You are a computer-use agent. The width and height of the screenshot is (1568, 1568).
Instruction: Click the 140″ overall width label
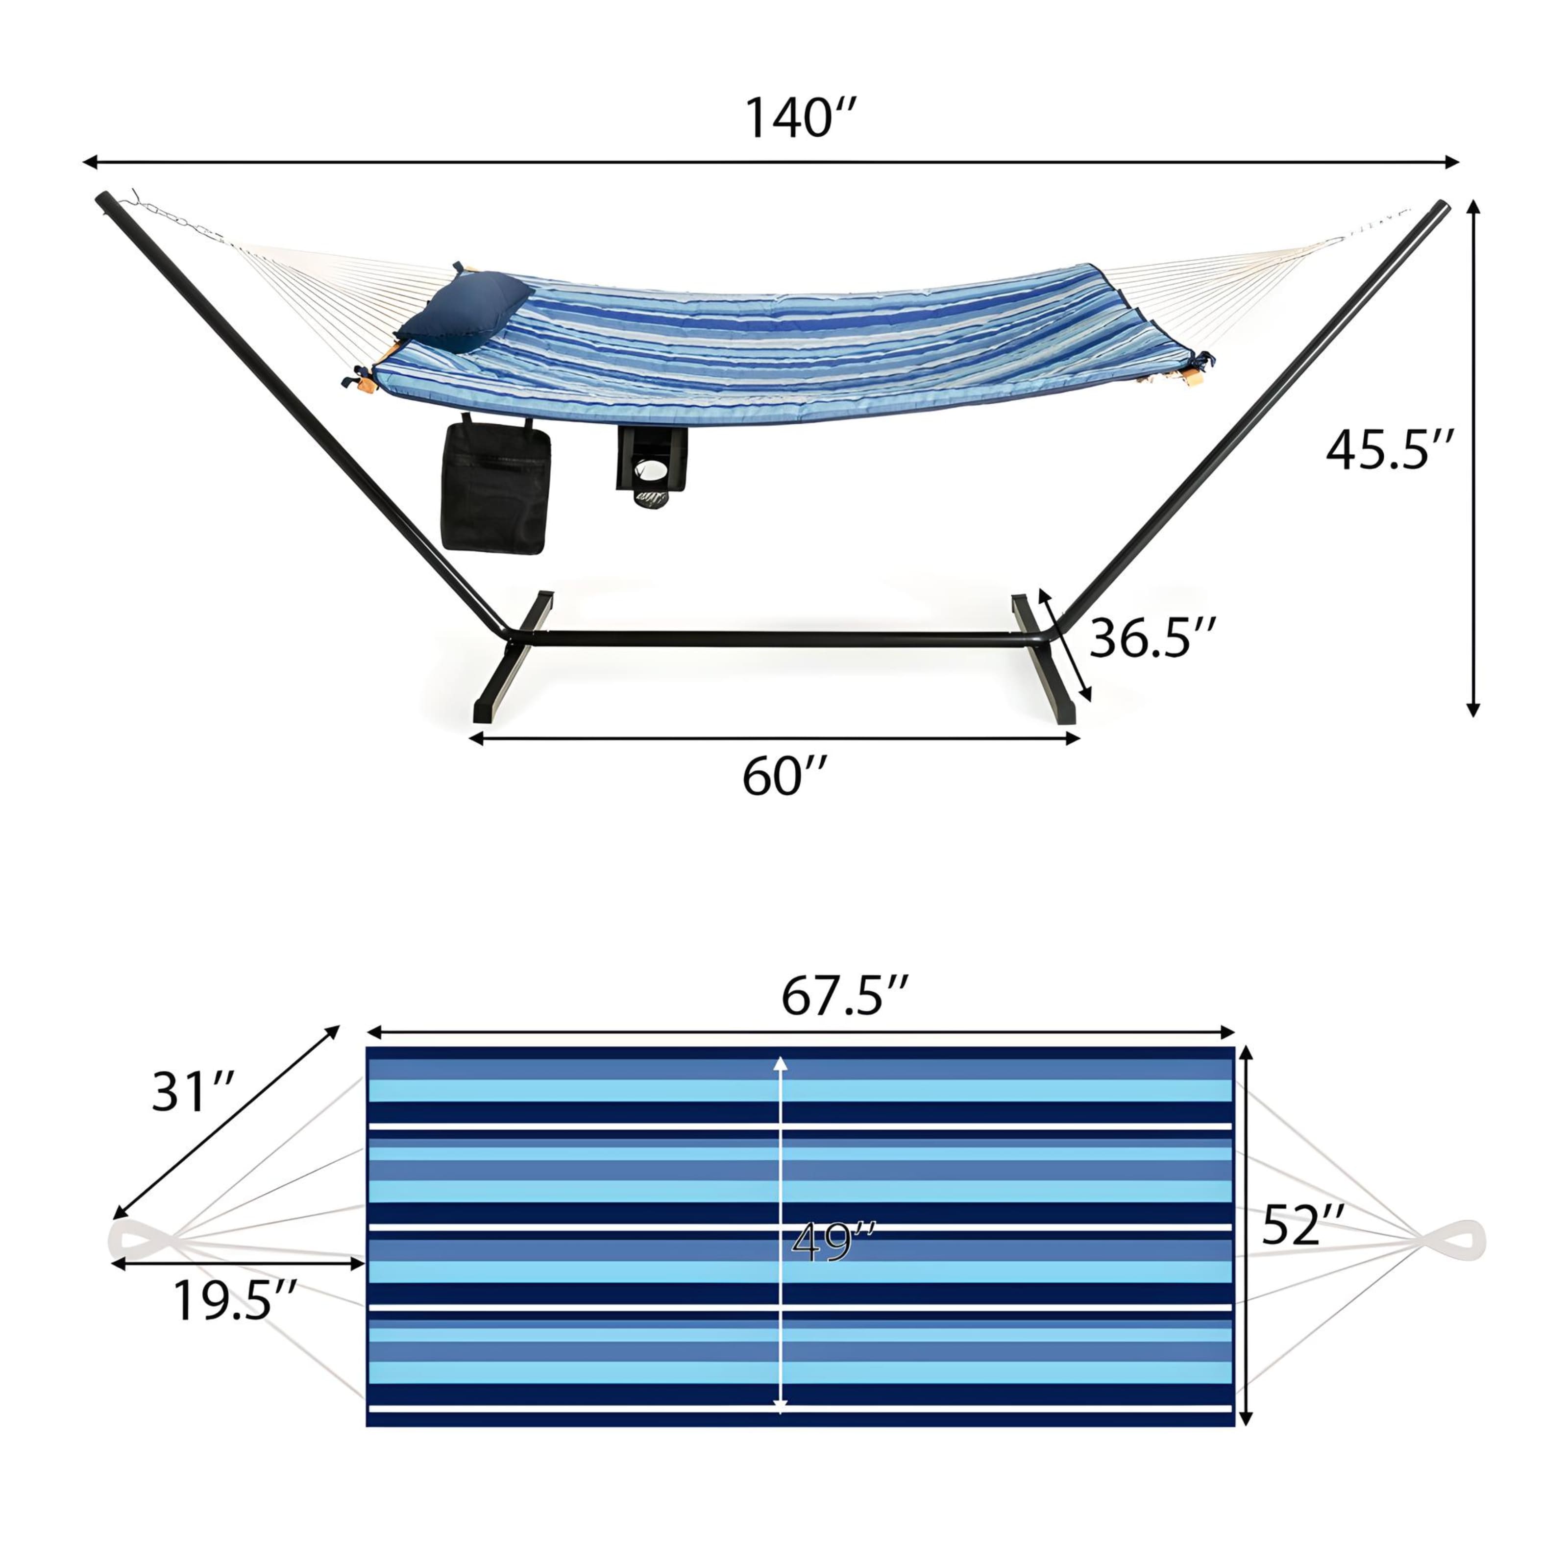point(799,119)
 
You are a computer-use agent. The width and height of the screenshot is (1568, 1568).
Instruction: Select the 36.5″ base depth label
point(1152,638)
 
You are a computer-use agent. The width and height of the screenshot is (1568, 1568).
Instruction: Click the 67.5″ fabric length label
point(844,997)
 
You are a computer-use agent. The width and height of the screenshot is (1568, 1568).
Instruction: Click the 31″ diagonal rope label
point(193,1092)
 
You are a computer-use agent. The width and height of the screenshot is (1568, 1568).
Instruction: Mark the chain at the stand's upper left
point(174,218)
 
